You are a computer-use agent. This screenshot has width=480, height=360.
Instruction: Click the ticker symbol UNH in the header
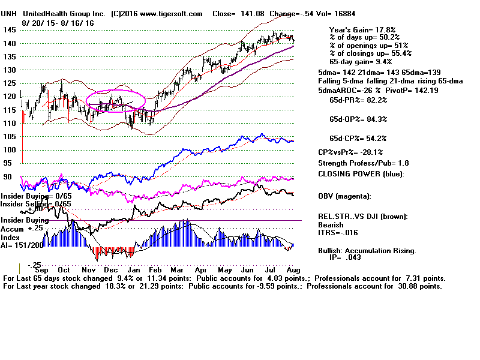coord(10,13)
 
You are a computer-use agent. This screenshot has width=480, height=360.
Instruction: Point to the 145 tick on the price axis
coord(11,29)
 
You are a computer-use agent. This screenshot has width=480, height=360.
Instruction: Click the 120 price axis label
coord(11,97)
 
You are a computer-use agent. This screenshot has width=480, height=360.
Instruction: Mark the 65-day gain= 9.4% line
coord(361,61)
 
